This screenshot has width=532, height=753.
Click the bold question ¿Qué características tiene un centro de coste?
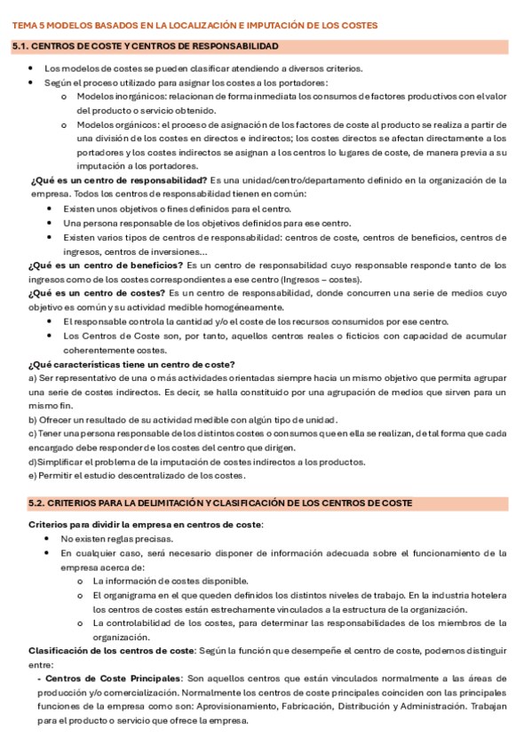pos(131,364)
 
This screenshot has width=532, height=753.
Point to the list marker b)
pos(33,420)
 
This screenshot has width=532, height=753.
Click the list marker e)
pos(33,476)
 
